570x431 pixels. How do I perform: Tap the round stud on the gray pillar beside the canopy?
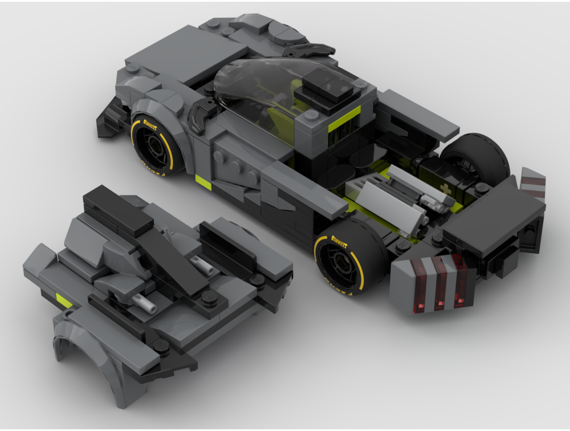point(311,115)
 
